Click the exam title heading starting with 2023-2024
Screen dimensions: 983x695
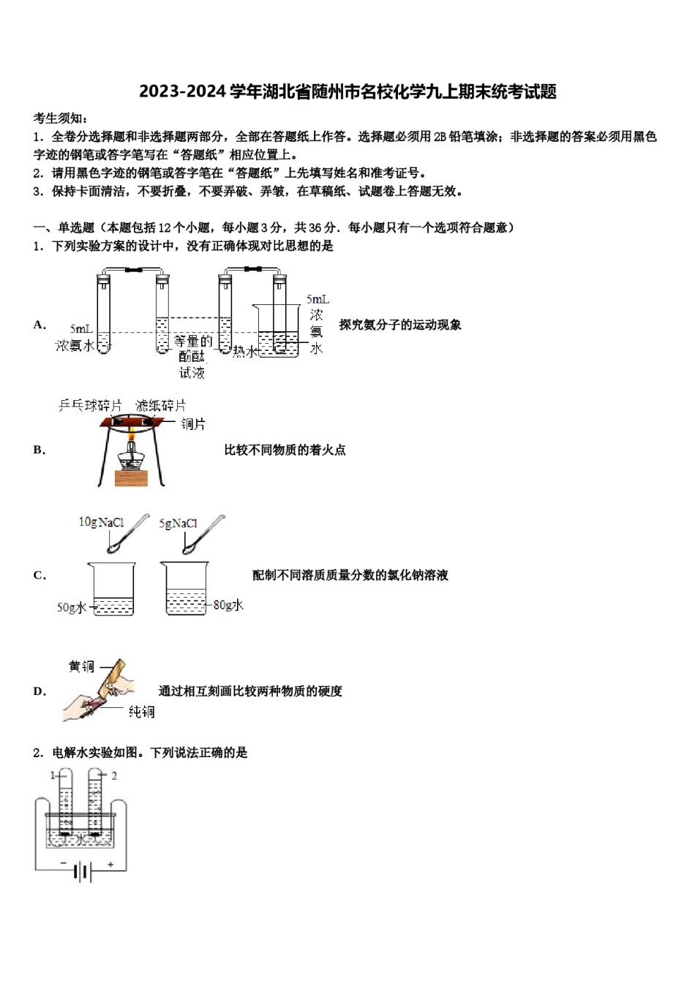[x=347, y=91]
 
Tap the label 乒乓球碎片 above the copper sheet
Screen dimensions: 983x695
[x=90, y=405]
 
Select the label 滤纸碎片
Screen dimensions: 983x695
[x=160, y=405]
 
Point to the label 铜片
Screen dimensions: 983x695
[x=193, y=423]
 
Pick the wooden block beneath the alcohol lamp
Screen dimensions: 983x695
[x=131, y=478]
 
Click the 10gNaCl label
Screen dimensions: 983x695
[x=101, y=522]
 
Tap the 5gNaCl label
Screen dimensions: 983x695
[x=179, y=523]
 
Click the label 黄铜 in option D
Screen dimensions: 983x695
[x=82, y=666]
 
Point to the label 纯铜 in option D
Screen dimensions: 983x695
[x=142, y=712]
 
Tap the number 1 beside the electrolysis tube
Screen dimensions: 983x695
[x=53, y=775]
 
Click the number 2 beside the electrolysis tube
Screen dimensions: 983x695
[x=114, y=775]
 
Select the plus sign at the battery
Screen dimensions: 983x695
[x=111, y=865]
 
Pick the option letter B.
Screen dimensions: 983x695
[x=39, y=450]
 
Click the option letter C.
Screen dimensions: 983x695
[x=39, y=576]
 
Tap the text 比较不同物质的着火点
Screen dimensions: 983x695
[x=285, y=450]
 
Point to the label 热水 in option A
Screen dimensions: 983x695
[x=245, y=352]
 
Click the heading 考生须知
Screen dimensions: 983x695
[x=61, y=118]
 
